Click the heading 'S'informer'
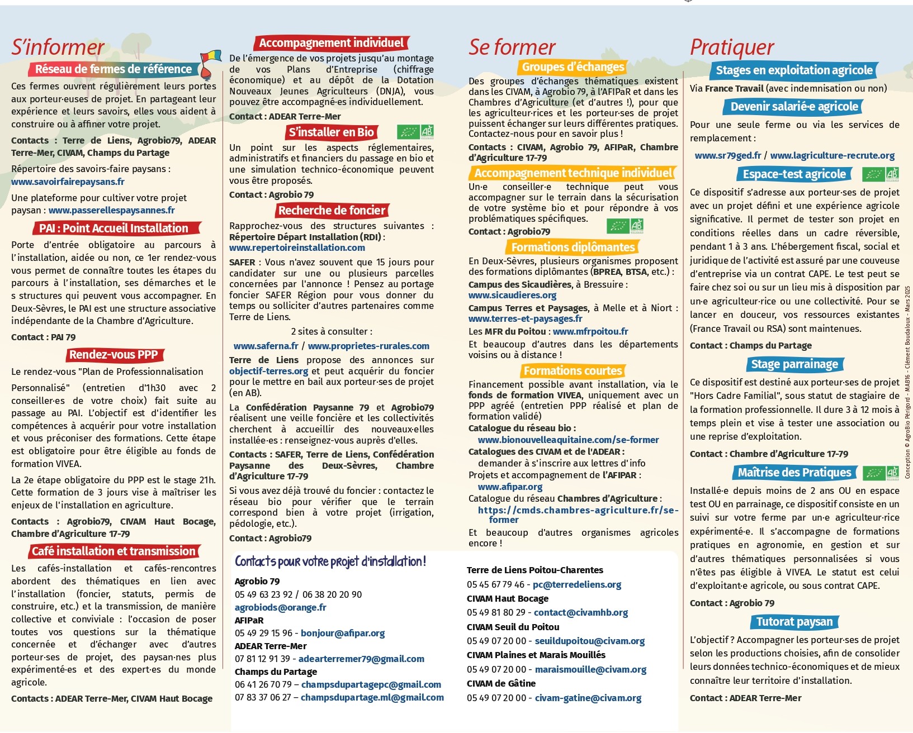[58, 47]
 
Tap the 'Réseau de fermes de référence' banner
[113, 69]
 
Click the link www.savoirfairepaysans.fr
[68, 182]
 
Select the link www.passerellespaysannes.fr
[111, 210]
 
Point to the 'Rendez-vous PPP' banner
[113, 355]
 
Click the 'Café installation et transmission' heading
[113, 551]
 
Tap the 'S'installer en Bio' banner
[331, 132]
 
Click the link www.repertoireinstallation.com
[297, 247]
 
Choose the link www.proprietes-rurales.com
[368, 346]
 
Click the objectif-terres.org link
[268, 371]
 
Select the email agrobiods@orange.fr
[280, 607]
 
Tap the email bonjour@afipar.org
[343, 633]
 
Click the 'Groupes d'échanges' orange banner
[573, 67]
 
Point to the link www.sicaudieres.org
[512, 295]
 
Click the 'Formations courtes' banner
[573, 371]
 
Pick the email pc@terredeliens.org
[577, 584]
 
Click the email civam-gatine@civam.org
[588, 698]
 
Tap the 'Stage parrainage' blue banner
[794, 364]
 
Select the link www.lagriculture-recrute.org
[832, 156]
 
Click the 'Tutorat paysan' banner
[794, 622]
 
